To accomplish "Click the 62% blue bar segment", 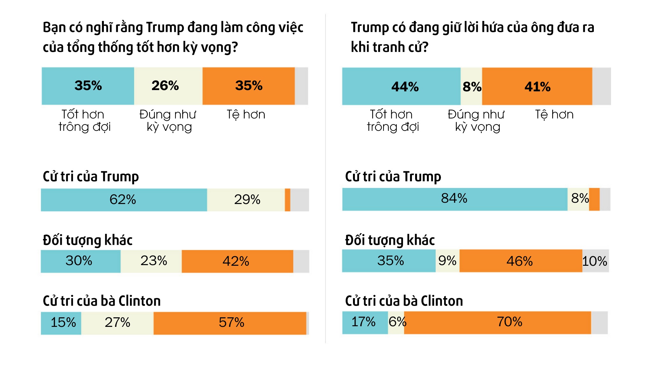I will (x=124, y=200).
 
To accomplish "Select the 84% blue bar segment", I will (x=455, y=199).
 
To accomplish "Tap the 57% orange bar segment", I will (x=230, y=323).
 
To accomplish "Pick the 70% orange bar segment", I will (x=497, y=322).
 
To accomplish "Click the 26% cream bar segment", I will (x=168, y=86).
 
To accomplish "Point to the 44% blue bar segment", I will (x=401, y=86).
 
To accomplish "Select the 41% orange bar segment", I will (x=537, y=86).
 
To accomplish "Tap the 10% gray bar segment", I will (x=595, y=261).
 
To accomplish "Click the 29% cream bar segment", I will (x=246, y=200).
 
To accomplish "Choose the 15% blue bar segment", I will (x=61, y=323).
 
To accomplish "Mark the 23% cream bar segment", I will (x=151, y=261).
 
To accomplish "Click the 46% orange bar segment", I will (x=521, y=261).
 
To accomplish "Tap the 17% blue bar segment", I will (x=365, y=322).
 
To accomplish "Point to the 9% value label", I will (x=447, y=261).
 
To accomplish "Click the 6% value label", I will (x=397, y=322).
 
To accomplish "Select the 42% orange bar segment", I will (x=237, y=261).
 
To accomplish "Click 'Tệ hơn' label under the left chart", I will (x=246, y=115).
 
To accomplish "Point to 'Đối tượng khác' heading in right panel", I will (x=390, y=240).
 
